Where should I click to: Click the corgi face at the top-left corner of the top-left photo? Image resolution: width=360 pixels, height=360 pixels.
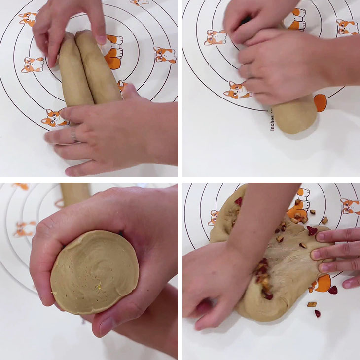click(28, 18)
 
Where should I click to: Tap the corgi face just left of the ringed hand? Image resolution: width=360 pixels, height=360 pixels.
click(53, 118)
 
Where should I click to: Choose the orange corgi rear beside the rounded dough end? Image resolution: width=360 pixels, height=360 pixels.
click(320, 102)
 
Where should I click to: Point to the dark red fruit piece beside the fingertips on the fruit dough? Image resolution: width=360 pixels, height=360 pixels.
click(312, 230)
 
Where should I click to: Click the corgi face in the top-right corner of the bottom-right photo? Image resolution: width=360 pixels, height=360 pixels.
click(350, 205)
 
